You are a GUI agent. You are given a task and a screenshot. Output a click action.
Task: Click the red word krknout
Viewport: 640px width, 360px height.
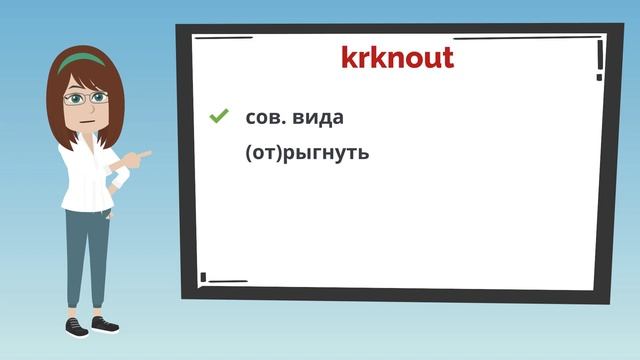[x=397, y=58]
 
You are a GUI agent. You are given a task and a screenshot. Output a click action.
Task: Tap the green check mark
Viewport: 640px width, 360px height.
[x=218, y=117]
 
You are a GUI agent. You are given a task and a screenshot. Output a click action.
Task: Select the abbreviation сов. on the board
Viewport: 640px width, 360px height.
[x=264, y=118]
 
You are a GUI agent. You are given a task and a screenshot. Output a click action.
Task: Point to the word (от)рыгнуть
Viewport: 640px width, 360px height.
[x=306, y=154]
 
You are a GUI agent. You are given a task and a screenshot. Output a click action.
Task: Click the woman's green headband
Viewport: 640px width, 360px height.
[x=82, y=61]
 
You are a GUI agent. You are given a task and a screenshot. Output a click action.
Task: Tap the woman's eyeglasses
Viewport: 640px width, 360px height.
[x=85, y=98]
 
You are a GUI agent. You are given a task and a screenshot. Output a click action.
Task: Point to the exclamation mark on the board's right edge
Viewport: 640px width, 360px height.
[x=599, y=59]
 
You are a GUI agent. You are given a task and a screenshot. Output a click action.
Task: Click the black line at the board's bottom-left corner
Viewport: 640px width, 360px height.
[x=222, y=279]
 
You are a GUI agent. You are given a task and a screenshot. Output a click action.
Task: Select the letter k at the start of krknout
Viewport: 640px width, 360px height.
[x=349, y=58]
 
